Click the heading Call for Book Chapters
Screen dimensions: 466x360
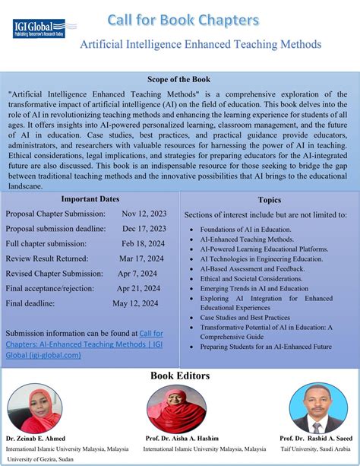[x=182, y=19]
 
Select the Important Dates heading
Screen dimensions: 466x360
[x=90, y=198]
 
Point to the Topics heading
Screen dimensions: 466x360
[x=270, y=201]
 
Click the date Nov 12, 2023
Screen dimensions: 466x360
[x=144, y=214]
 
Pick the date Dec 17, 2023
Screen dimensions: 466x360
[x=144, y=229]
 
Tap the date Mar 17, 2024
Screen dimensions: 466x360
[x=142, y=258]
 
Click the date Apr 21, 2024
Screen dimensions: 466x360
[x=139, y=288]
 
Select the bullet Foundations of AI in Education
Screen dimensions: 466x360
[x=245, y=229]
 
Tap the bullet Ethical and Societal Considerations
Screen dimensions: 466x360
[x=251, y=279]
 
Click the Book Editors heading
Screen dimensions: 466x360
[x=179, y=375]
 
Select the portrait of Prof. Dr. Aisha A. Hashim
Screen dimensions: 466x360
[x=176, y=408]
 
